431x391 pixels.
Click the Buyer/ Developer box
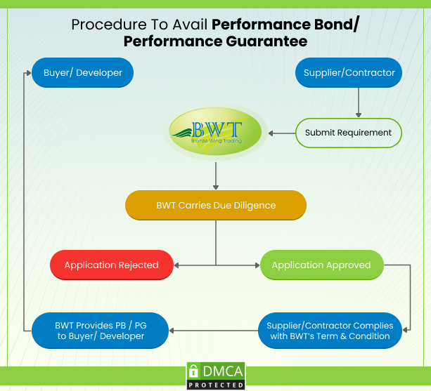click(83, 72)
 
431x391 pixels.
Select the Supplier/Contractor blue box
click(349, 72)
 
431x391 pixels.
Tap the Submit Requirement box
click(349, 133)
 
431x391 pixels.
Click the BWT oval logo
click(216, 132)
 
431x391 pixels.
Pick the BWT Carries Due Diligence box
click(216, 206)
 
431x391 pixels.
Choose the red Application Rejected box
click(110, 265)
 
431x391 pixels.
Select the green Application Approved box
click(321, 265)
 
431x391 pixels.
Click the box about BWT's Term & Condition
click(330, 331)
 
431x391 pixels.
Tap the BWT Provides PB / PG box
click(100, 331)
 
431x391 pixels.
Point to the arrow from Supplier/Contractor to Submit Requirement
click(359, 102)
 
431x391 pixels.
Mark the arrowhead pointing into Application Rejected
click(176, 265)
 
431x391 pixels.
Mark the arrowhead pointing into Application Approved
click(256, 265)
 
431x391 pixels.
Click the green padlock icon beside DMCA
click(194, 372)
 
